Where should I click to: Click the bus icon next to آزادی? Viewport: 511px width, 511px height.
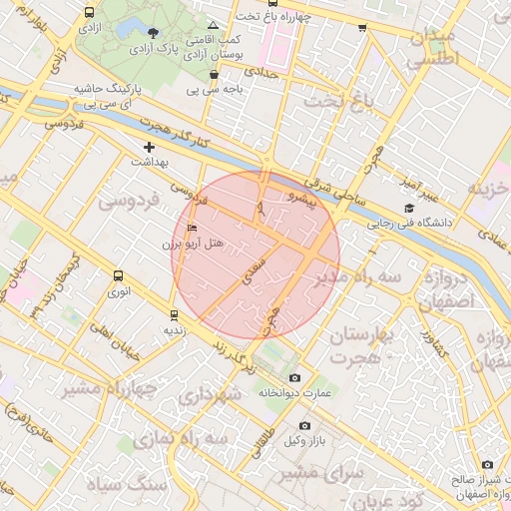coord(90,13)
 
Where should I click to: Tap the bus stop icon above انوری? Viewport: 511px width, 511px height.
coord(119,276)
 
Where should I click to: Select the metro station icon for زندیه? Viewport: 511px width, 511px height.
coord(174,315)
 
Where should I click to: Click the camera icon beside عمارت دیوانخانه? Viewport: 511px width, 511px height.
coord(294,378)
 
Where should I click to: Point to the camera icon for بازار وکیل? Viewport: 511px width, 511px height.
coord(304,426)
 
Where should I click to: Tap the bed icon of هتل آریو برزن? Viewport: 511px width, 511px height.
coord(193,229)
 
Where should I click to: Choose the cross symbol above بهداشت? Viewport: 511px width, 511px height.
coord(149,147)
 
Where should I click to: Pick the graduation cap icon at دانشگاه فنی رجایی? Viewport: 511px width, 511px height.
coord(408,209)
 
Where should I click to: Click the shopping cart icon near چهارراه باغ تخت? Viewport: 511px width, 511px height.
coord(361,27)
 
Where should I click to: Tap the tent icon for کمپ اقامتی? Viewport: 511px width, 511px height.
coord(212,24)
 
